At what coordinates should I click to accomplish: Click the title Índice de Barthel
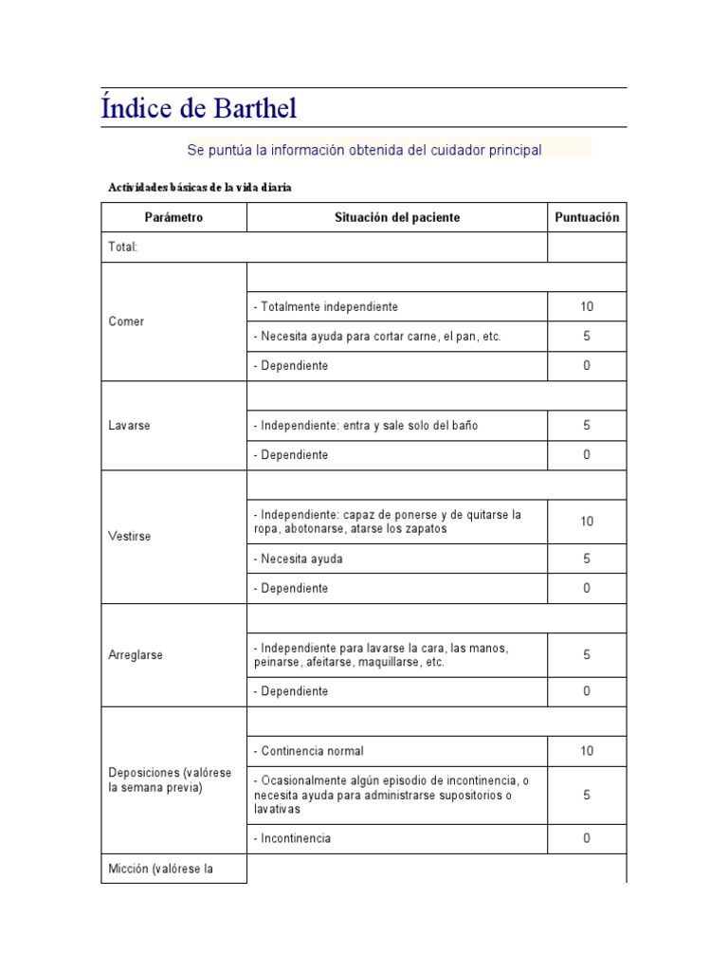(x=199, y=108)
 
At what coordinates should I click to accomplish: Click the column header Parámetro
(x=173, y=217)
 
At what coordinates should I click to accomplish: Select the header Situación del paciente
(x=397, y=217)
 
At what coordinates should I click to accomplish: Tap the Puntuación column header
(x=587, y=217)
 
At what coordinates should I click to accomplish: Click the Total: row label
(x=124, y=247)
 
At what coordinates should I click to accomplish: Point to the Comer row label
(x=127, y=321)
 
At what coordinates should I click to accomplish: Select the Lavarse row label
(x=130, y=426)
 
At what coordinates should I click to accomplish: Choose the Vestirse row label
(x=130, y=537)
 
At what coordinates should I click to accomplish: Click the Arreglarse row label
(x=136, y=655)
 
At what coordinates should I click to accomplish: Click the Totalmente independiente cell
(x=326, y=307)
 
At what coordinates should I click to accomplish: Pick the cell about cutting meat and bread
(x=377, y=337)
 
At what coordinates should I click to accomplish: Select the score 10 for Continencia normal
(x=587, y=751)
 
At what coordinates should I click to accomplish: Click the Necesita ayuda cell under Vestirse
(x=299, y=559)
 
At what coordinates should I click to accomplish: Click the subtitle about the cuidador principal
(x=364, y=150)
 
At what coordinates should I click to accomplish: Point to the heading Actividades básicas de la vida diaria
(x=200, y=188)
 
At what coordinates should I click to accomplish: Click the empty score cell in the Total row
(x=587, y=247)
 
